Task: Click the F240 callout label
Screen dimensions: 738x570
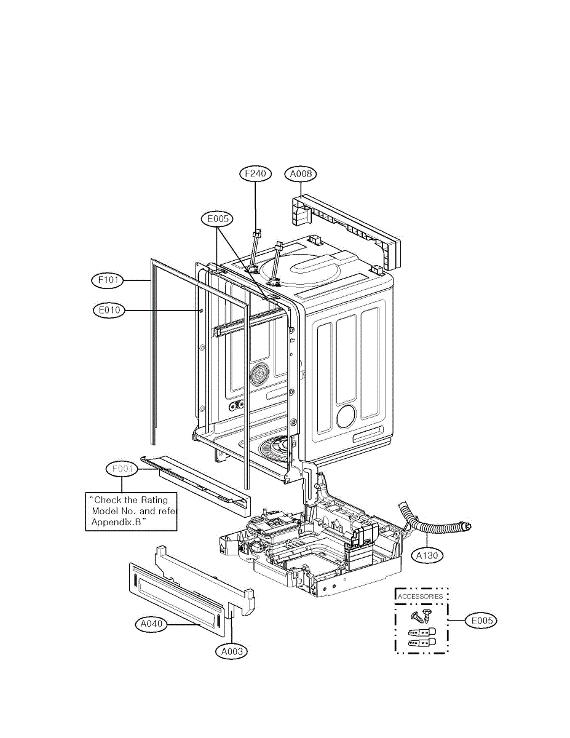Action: tap(255, 174)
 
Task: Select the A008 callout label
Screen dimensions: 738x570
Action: tap(301, 174)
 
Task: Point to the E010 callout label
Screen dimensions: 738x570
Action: tap(108, 311)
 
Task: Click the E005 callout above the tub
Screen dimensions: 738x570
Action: tap(216, 218)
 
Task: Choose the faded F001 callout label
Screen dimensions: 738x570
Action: tap(121, 469)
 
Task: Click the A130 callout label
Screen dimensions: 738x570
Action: tap(426, 555)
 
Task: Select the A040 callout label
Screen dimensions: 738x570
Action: tap(151, 624)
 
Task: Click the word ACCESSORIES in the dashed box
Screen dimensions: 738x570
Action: tap(421, 597)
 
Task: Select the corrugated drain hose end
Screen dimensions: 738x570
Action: tap(466, 527)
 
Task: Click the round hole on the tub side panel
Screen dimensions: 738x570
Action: tap(346, 416)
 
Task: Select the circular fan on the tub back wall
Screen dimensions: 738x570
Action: tap(259, 373)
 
